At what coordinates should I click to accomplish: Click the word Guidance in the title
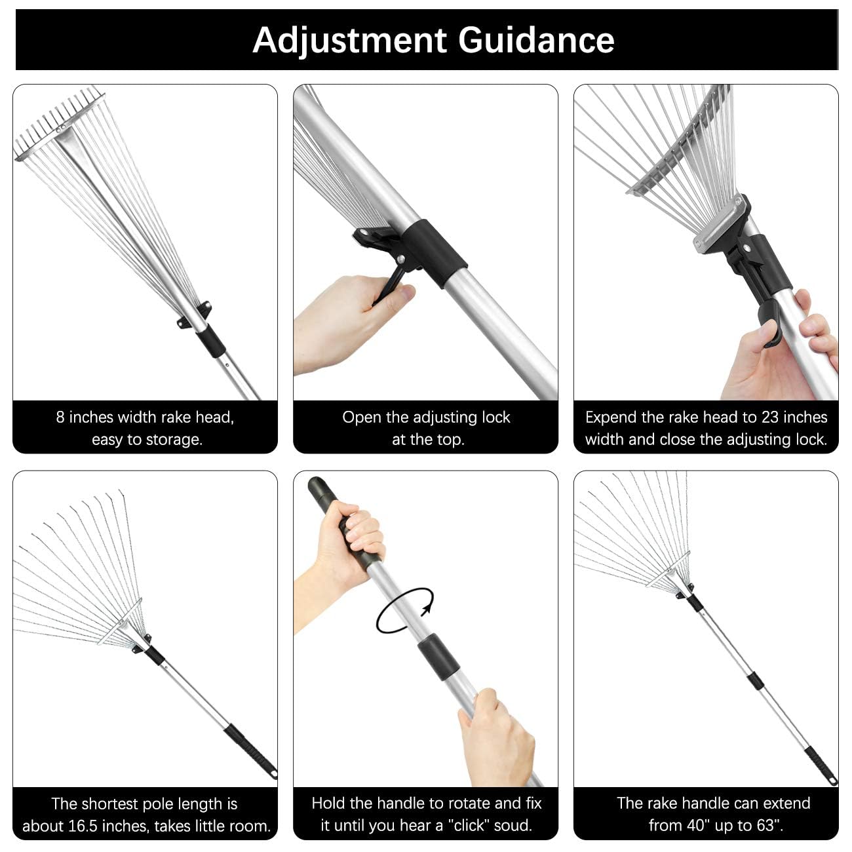click(x=536, y=40)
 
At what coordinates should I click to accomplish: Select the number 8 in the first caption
click(x=60, y=417)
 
